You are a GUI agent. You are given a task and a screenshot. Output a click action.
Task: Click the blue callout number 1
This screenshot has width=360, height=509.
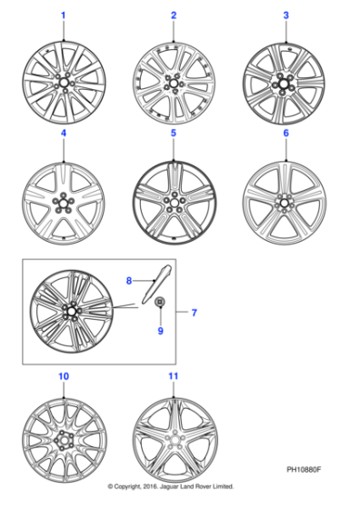63,15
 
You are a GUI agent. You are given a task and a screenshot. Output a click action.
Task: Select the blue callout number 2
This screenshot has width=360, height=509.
173,15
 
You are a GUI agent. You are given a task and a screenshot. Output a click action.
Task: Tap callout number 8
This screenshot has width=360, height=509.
129,281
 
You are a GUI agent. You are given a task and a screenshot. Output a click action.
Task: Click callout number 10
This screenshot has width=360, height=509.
63,375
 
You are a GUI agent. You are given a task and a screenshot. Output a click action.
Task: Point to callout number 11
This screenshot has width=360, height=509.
173,375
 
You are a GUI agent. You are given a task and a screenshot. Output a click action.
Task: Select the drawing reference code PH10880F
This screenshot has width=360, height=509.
307,471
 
